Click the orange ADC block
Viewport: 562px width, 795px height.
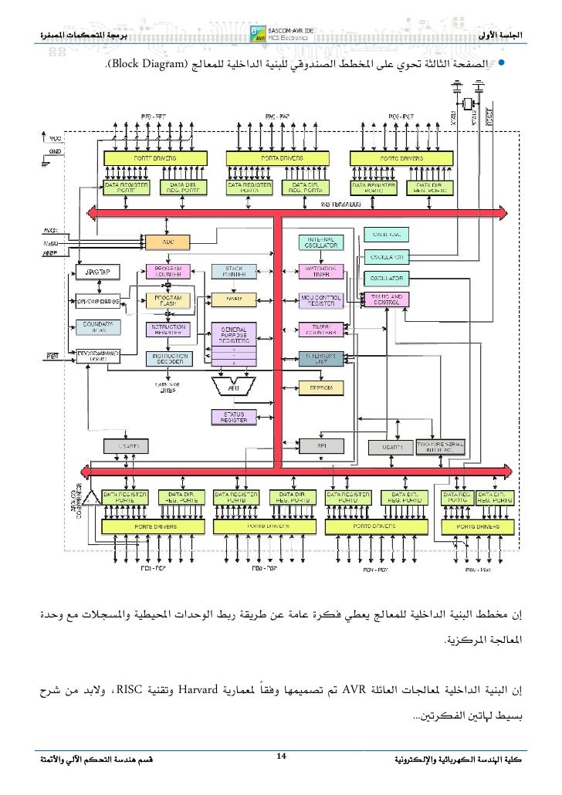point(168,242)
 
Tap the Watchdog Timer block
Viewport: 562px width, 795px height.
point(320,271)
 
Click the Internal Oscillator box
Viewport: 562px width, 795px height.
point(320,242)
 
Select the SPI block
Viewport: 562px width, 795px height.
point(320,447)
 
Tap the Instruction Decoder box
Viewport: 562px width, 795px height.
point(168,359)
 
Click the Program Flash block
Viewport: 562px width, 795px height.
point(168,299)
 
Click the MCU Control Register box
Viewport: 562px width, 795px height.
point(320,299)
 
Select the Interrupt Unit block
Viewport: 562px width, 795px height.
point(320,359)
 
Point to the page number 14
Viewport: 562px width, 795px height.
point(282,764)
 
